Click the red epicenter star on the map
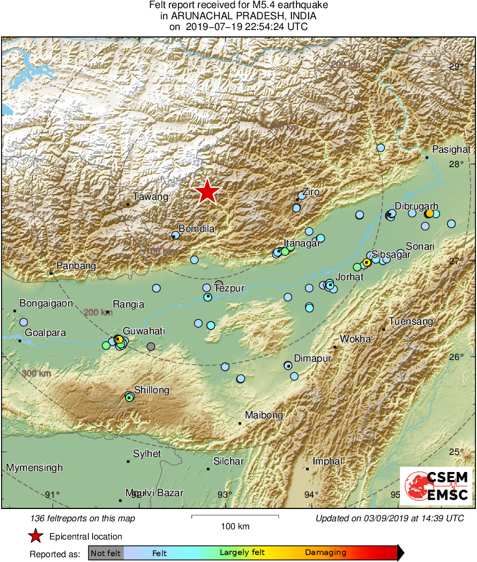pyautogui.click(x=207, y=192)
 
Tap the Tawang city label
pyautogui.click(x=151, y=197)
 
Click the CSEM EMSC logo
pyautogui.click(x=436, y=486)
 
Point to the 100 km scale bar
pyautogui.click(x=235, y=517)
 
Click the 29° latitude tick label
pyautogui.click(x=457, y=67)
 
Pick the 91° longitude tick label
pyautogui.click(x=52, y=494)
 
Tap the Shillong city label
pyautogui.click(x=152, y=390)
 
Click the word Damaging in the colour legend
pyautogui.click(x=325, y=552)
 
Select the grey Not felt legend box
pyautogui.click(x=106, y=552)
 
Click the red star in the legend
pyautogui.click(x=35, y=536)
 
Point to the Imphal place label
pyautogui.click(x=327, y=461)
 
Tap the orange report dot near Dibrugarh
pyautogui.click(x=429, y=214)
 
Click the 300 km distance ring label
pyautogui.click(x=37, y=373)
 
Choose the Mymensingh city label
pyautogui.click(x=34, y=468)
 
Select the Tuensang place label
pyautogui.click(x=411, y=321)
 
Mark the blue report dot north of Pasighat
pyautogui.click(x=381, y=147)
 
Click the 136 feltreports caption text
pyautogui.click(x=83, y=518)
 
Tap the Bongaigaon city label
pyautogui.click(x=46, y=303)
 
